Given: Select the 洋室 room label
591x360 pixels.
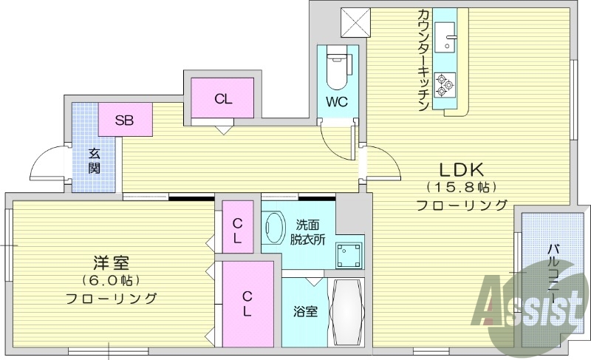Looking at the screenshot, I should point(112,263).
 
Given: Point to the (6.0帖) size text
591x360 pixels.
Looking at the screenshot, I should point(112,281).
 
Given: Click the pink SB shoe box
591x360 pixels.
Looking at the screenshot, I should point(123,120).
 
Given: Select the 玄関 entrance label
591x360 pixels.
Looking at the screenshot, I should point(96,160).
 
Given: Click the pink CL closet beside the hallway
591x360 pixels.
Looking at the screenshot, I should point(222,98).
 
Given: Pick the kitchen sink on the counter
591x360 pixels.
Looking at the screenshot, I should point(447,37).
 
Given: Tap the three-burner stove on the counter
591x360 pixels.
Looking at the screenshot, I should point(445,84).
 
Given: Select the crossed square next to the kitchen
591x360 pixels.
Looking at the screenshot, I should point(354,21).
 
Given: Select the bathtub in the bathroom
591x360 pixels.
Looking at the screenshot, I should point(345,310).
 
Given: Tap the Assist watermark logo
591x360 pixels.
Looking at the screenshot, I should point(529,303).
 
